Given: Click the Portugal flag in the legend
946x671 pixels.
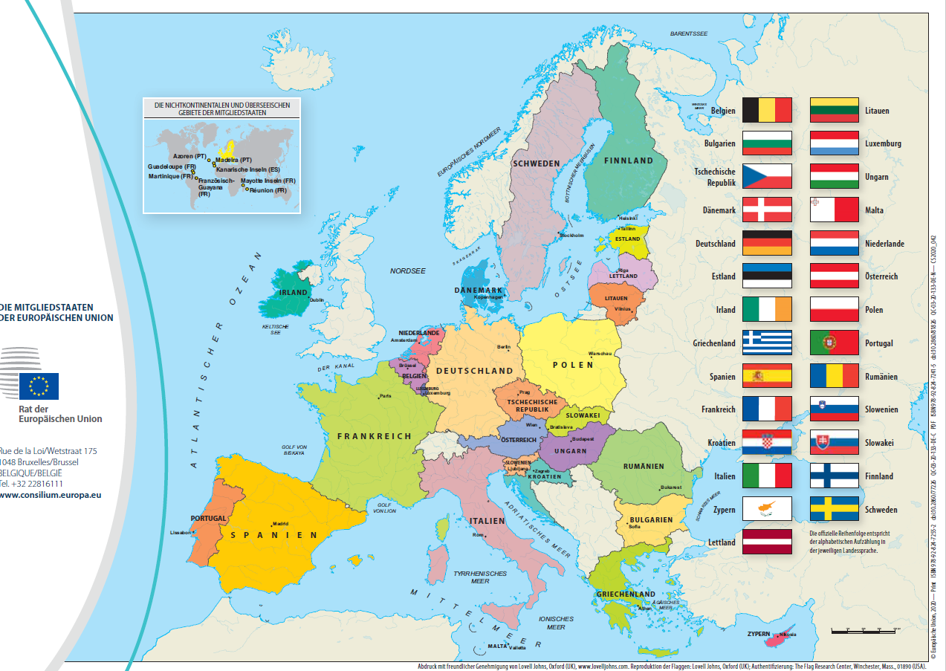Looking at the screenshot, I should [x=834, y=343].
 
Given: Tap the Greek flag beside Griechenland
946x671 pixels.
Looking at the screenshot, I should [x=767, y=343].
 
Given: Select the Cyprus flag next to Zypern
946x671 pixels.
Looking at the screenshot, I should [x=767, y=509].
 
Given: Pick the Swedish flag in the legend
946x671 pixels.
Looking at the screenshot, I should [x=834, y=509].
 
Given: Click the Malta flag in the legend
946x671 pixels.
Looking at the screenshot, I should [x=834, y=210].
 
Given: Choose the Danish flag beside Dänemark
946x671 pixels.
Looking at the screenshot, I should [x=767, y=210].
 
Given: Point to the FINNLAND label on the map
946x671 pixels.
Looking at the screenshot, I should [x=628, y=161].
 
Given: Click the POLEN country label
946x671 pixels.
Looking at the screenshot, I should [x=573, y=365].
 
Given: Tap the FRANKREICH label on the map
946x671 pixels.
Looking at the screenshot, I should [x=374, y=436].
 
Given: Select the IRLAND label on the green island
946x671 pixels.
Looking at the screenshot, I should [x=293, y=293].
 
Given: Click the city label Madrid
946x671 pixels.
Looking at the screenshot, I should [x=280, y=523].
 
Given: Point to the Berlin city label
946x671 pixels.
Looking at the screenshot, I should [x=504, y=347].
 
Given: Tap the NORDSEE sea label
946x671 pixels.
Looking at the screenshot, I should [x=407, y=271].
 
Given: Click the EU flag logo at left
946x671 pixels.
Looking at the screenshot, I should [x=39, y=386].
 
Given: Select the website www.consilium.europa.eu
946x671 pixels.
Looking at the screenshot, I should [x=51, y=494].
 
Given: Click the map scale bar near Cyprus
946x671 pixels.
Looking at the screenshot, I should [x=863, y=630].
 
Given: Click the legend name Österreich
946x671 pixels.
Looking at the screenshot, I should [x=881, y=276].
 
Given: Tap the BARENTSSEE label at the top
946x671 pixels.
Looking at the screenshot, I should [x=689, y=34].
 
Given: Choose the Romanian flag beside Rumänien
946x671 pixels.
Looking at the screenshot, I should [x=834, y=376].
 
